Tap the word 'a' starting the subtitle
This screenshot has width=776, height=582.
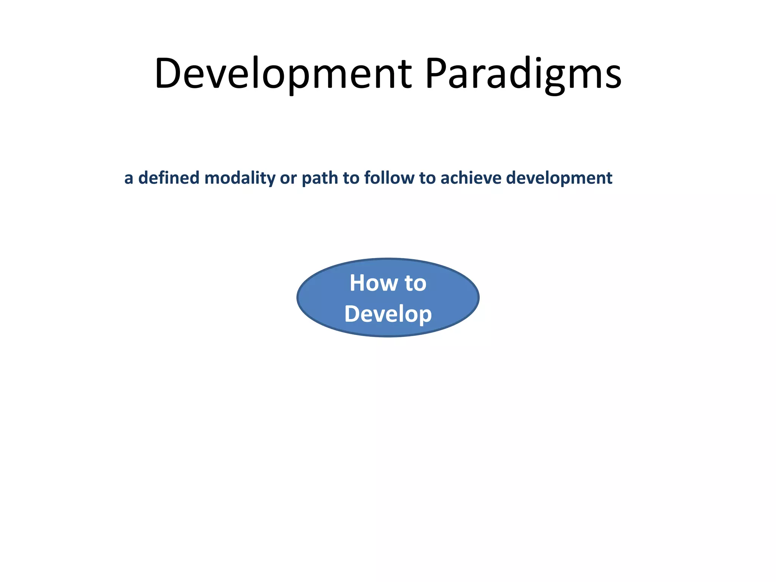pyautogui.click(x=129, y=178)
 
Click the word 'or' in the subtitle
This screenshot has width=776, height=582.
pyautogui.click(x=288, y=178)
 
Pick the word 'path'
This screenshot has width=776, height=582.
pyautogui.click(x=319, y=178)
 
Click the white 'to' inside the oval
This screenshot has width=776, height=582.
pyautogui.click(x=416, y=283)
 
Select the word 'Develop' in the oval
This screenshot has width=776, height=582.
pyautogui.click(x=388, y=314)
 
